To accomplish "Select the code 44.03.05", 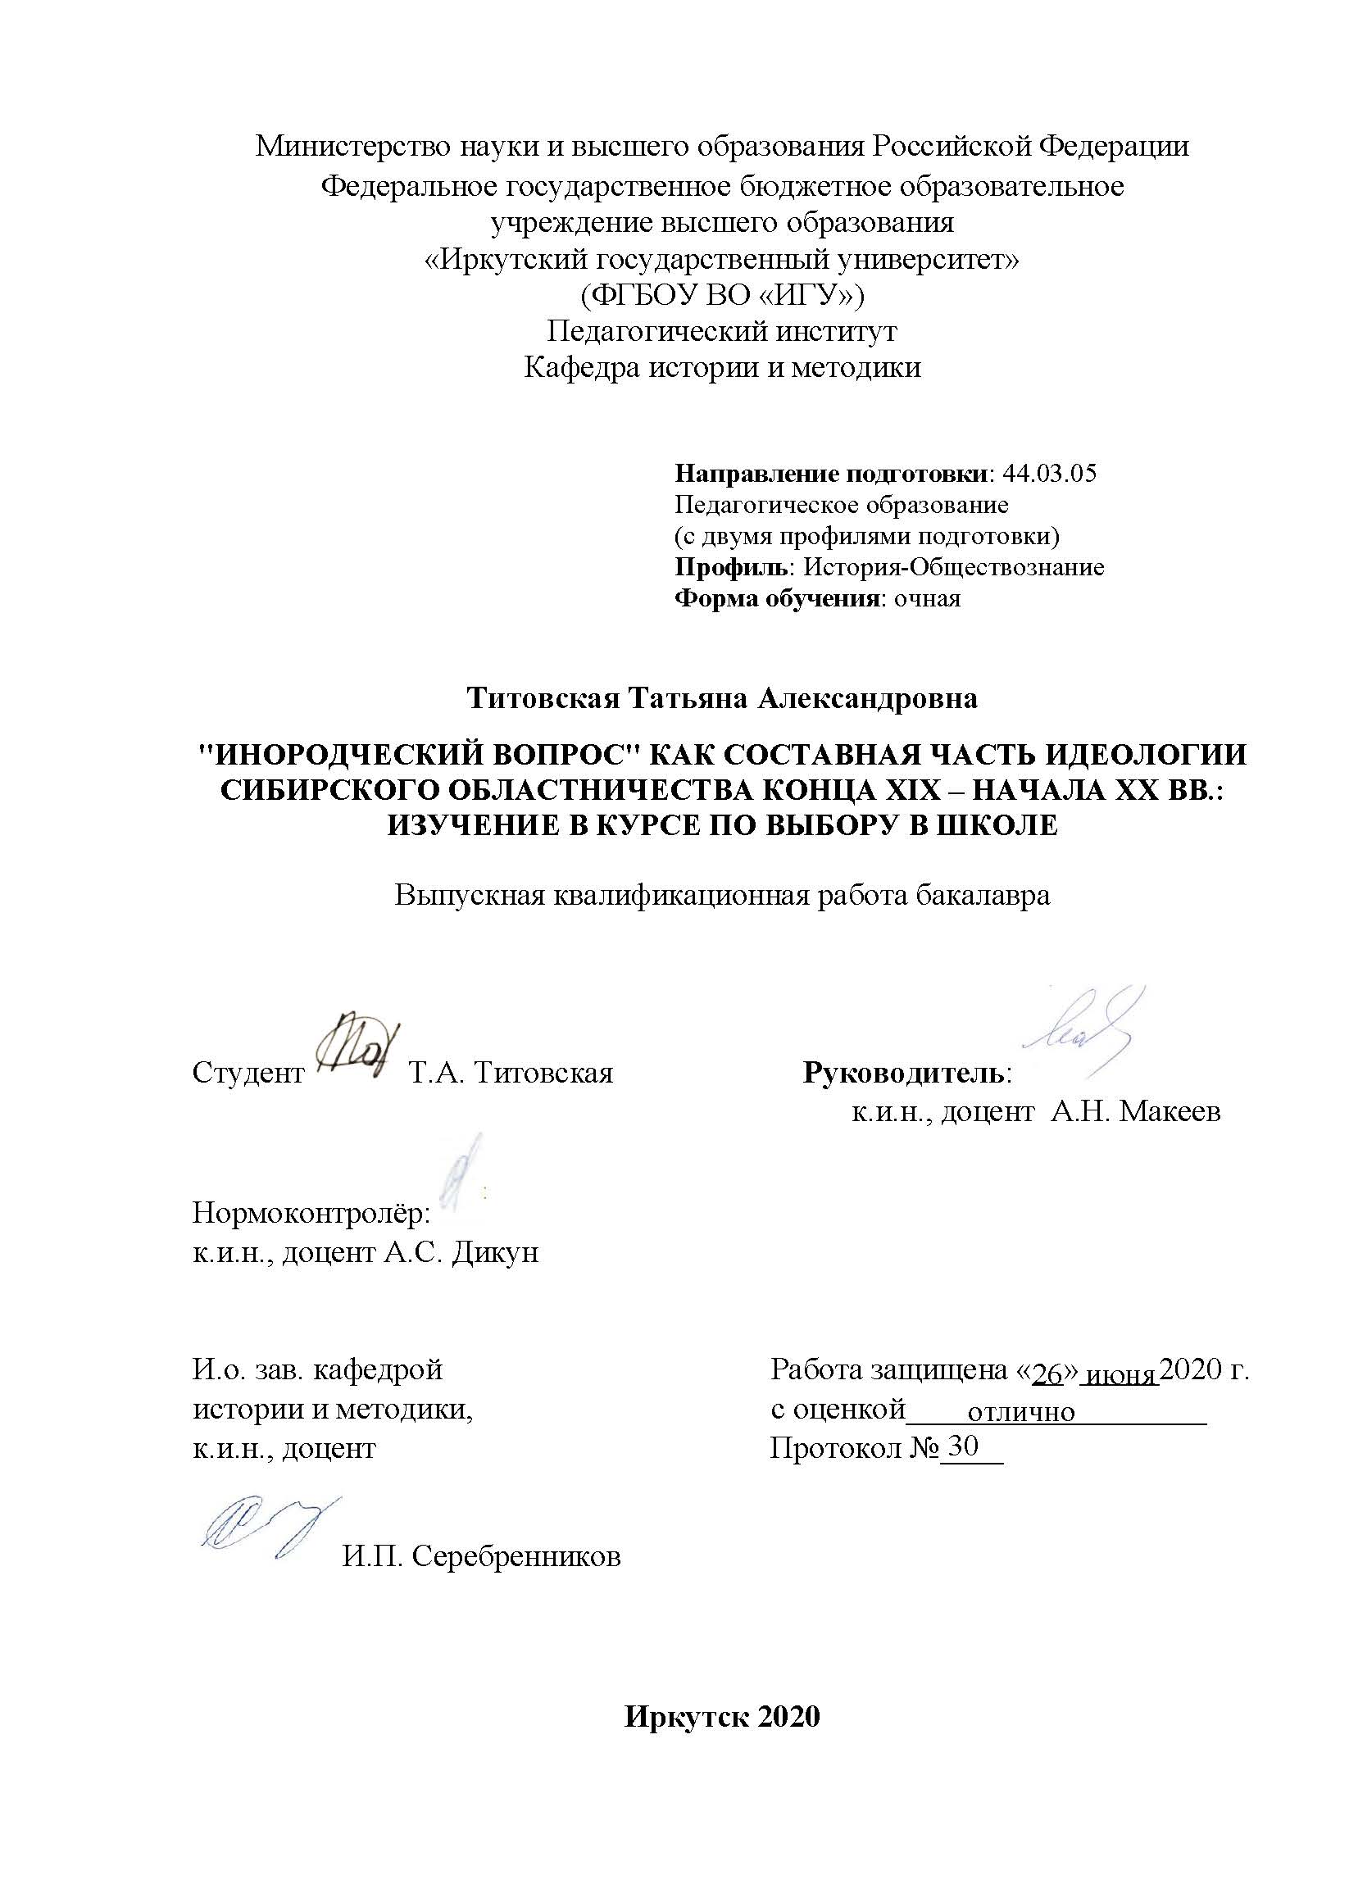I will [1050, 474].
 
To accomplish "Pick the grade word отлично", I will [1021, 1412].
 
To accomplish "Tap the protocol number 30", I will [964, 1446].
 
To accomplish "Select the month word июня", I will [1121, 1375].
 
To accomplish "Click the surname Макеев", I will [1170, 1111].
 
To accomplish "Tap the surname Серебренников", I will [516, 1555].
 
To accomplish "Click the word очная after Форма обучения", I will [926, 599].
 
